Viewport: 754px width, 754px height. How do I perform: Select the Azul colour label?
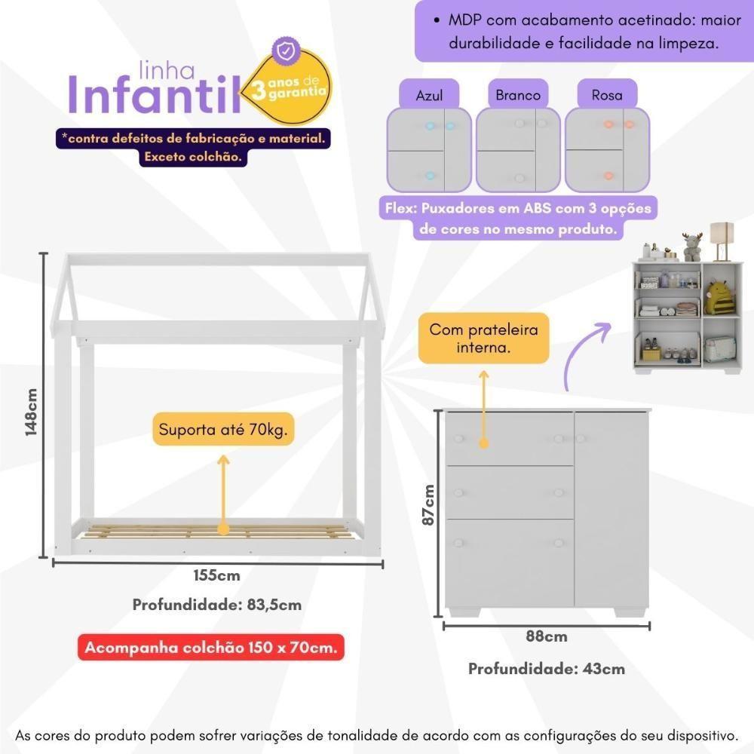[x=429, y=96]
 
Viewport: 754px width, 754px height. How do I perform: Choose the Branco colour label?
[x=518, y=95]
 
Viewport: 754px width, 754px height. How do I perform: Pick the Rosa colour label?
[x=607, y=95]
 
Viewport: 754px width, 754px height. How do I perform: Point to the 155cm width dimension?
[x=216, y=576]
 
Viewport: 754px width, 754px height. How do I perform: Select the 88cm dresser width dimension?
[x=547, y=636]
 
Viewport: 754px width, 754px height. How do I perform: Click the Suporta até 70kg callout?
[x=222, y=431]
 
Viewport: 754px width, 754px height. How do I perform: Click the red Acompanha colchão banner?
[x=211, y=648]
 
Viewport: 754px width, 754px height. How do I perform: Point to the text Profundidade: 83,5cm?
[x=217, y=605]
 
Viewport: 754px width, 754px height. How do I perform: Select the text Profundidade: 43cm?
[x=547, y=669]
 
